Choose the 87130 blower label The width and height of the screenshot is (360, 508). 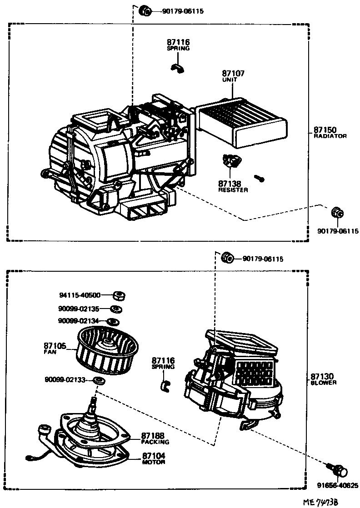click(323, 376)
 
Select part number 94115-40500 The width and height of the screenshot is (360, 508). click(80, 294)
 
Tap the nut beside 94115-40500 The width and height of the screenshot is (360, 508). click(119, 296)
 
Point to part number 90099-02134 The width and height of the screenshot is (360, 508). click(79, 321)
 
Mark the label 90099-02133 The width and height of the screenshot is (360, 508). click(65, 379)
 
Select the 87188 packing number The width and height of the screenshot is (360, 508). click(152, 435)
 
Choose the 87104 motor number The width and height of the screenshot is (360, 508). click(153, 455)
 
